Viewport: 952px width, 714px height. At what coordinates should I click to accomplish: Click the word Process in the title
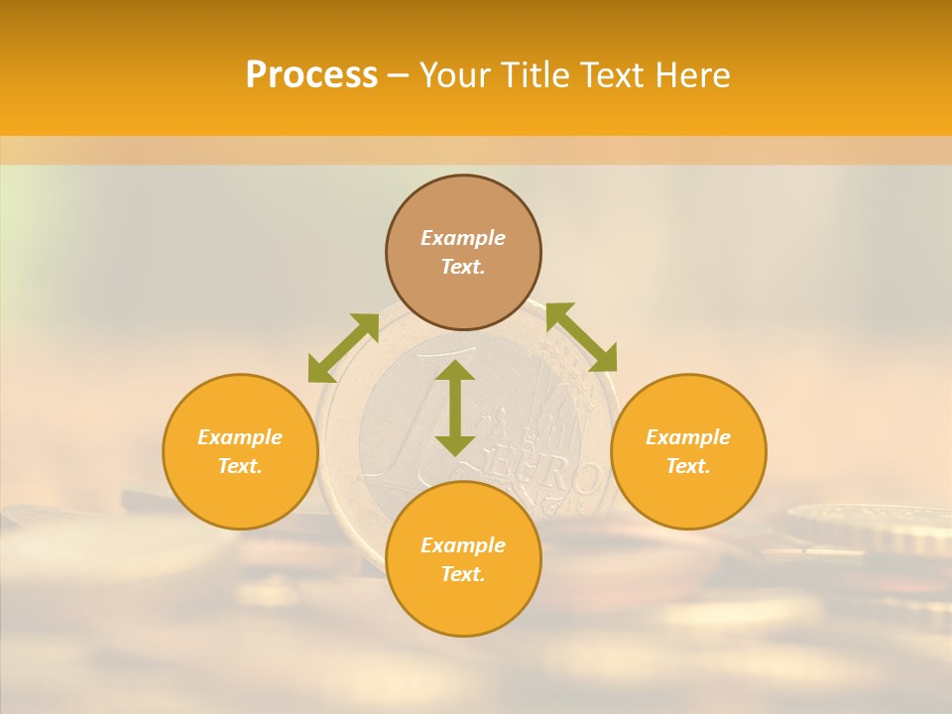click(311, 75)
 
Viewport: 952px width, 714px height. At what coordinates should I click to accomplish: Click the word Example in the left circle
click(240, 437)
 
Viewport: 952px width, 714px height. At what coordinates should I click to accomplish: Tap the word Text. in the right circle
click(688, 466)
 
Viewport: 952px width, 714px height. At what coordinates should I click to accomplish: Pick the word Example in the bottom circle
click(463, 545)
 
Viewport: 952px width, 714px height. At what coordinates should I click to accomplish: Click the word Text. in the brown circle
click(463, 267)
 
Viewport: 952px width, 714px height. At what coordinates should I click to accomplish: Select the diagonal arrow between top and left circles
click(343, 348)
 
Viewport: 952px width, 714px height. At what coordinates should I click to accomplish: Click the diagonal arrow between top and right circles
click(581, 337)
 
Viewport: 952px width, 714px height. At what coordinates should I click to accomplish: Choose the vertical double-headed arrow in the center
click(455, 408)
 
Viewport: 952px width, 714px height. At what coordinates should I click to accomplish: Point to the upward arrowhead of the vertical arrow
click(455, 372)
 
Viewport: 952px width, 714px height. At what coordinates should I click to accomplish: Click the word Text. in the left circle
click(240, 466)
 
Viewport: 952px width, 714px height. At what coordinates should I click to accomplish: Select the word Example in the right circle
click(688, 437)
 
